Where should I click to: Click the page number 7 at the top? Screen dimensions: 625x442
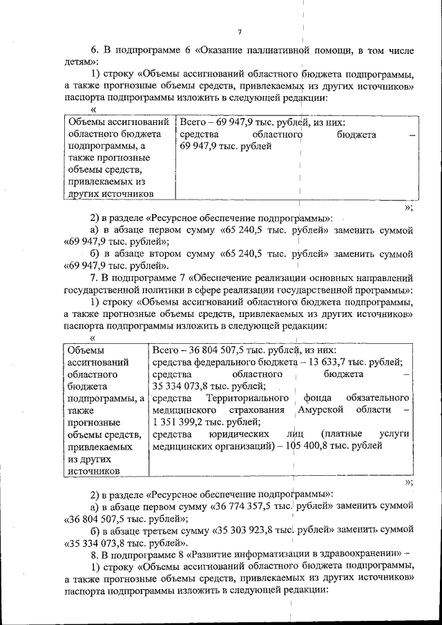click(239, 31)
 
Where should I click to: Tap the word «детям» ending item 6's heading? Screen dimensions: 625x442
click(77, 62)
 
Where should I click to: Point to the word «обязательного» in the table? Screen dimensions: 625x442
click(378, 398)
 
